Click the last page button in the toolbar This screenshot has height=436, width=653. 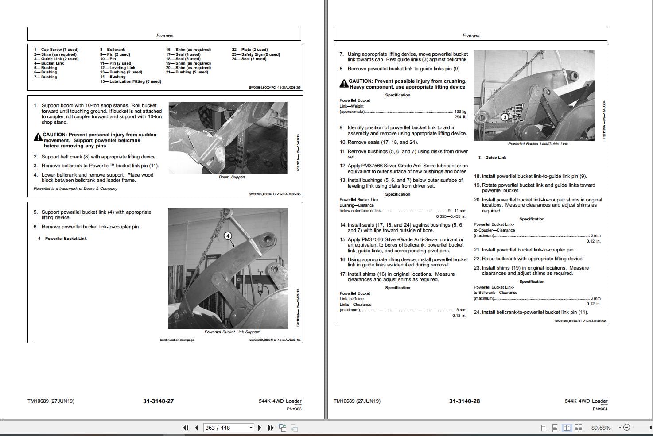click(x=271, y=428)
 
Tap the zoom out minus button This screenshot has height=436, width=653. click(x=626, y=428)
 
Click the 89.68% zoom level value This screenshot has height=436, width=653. click(x=600, y=428)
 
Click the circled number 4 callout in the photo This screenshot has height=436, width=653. click(x=228, y=236)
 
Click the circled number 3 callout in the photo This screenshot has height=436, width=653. click(x=505, y=117)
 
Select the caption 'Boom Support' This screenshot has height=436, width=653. click(x=232, y=177)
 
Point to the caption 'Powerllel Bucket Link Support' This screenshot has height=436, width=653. click(x=232, y=332)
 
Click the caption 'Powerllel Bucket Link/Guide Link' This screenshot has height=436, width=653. click(x=538, y=144)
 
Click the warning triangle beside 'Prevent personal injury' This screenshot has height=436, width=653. click(x=38, y=137)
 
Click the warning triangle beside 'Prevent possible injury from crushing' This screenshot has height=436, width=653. click(x=344, y=84)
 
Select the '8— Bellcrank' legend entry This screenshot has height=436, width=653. click(x=113, y=50)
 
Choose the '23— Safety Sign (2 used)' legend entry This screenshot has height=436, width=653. click(x=256, y=54)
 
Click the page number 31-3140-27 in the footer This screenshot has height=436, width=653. click(x=158, y=401)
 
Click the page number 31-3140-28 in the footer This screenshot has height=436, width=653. click(x=464, y=401)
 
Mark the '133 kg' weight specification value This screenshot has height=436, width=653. click(x=460, y=112)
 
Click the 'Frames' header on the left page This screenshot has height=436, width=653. click(x=165, y=35)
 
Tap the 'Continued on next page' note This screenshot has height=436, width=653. click(x=177, y=340)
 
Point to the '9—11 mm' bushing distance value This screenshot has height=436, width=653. click(x=457, y=211)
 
